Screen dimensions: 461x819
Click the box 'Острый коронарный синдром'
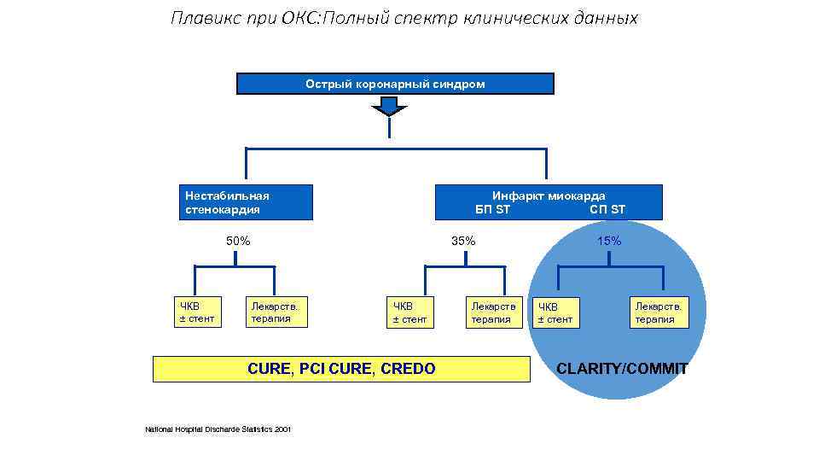tap(395, 84)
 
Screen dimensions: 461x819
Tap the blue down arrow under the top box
tap(390, 106)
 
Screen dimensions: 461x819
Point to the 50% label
tap(238, 241)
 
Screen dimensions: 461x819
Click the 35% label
tap(463, 241)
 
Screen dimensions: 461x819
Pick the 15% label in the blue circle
tap(609, 241)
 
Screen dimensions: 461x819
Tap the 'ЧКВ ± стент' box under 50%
tap(196, 312)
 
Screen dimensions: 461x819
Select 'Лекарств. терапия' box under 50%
tap(276, 312)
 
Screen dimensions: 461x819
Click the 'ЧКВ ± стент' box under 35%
tap(409, 312)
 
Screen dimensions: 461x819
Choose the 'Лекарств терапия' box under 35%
tap(492, 312)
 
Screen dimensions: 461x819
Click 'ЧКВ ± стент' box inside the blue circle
tap(555, 313)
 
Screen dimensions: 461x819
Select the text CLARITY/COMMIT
tap(622, 369)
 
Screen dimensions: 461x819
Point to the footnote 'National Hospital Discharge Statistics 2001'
tap(218, 429)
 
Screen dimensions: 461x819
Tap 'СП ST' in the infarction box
tap(607, 209)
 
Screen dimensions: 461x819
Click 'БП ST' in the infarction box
tap(493, 209)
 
